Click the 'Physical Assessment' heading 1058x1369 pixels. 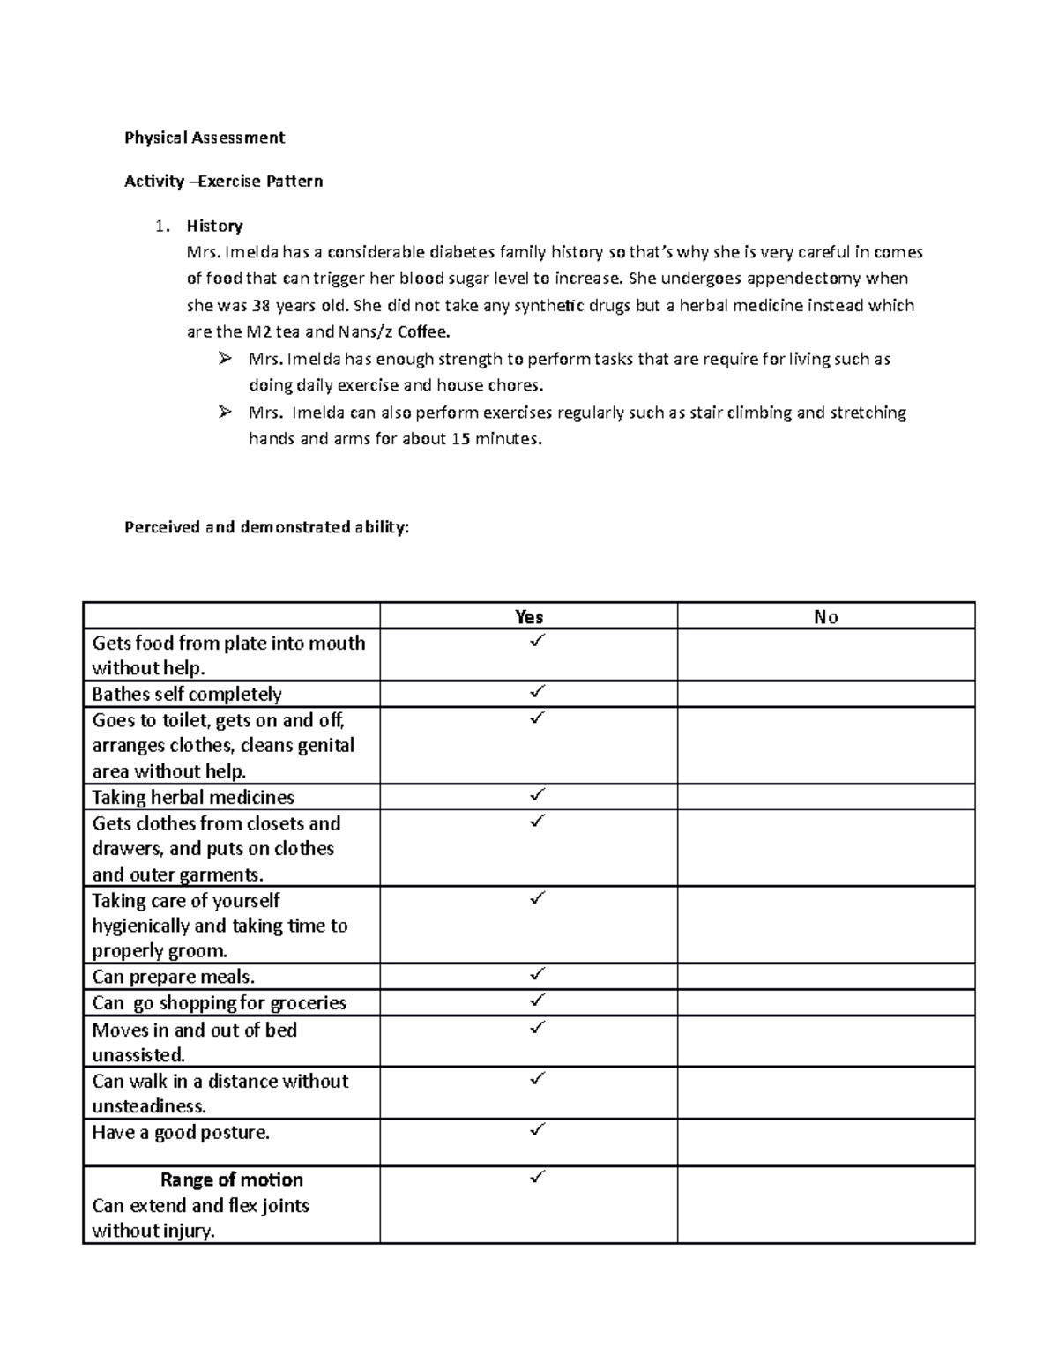point(205,138)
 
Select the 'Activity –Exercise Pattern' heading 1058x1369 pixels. point(223,182)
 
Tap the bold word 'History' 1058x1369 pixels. point(214,226)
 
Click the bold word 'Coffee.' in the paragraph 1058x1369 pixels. point(423,332)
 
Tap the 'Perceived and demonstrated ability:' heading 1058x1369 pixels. point(266,527)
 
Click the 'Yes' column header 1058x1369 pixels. point(529,617)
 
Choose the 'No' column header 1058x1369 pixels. point(826,617)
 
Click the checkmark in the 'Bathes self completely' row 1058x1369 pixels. point(537,691)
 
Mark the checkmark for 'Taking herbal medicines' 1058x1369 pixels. point(537,794)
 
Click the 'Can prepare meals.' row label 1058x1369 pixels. point(173,977)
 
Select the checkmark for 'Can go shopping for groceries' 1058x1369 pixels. point(537,1000)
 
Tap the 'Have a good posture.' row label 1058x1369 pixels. point(181,1133)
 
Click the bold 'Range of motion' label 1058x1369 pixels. point(231,1179)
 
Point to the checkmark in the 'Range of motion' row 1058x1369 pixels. point(537,1177)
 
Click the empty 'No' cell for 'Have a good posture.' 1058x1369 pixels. point(826,1142)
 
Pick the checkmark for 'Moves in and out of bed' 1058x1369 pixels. point(537,1027)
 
